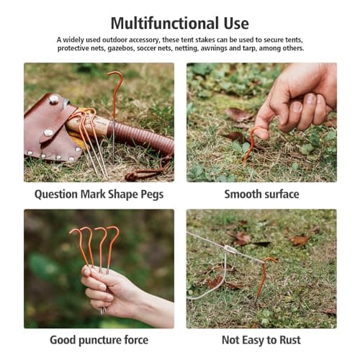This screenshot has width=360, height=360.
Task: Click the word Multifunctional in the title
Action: pos(164,23)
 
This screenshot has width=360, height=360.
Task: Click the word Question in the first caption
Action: pos(56,194)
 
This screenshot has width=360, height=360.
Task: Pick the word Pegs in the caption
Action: pos(152,195)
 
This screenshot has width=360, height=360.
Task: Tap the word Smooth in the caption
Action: pos(240,194)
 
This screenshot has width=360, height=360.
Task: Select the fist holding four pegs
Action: pos(106,289)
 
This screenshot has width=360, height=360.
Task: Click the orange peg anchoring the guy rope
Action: pos(264,279)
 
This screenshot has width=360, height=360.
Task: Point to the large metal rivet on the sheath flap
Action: pos(53,99)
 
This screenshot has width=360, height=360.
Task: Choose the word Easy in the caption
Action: pos(252,341)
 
